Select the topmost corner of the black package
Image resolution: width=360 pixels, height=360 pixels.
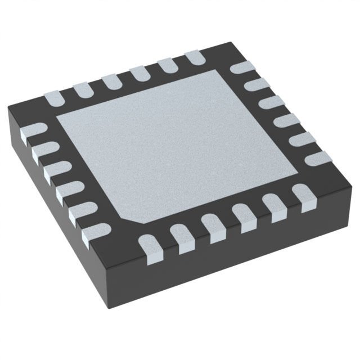click(x=217, y=41)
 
